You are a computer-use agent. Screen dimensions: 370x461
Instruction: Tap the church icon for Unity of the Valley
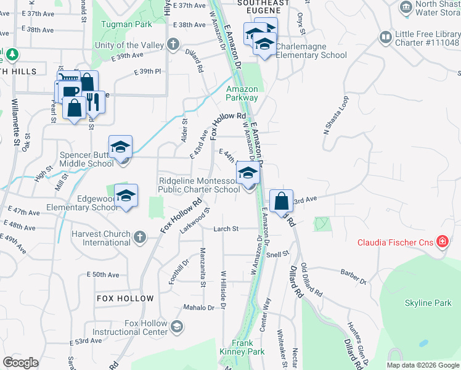coord(174,44)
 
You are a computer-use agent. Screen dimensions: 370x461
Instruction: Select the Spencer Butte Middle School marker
coord(121,147)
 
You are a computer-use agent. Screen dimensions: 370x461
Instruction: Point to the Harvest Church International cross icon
coord(140,237)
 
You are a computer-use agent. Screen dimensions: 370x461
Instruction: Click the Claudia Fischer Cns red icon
coord(442,242)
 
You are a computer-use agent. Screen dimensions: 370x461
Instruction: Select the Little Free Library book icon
coord(385,38)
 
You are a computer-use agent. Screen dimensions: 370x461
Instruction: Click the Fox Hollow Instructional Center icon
coord(177,326)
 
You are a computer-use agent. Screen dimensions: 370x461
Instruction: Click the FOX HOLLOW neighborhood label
coord(125,298)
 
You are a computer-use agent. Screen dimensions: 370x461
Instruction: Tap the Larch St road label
coord(226,229)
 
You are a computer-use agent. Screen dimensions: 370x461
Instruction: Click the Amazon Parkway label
coord(242,93)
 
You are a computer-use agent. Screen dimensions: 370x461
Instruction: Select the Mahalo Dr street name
coord(198,307)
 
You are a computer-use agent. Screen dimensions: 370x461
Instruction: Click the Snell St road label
coord(277,254)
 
